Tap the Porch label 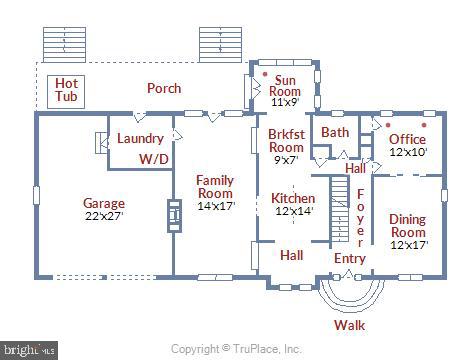[164, 88]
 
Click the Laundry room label [140, 139]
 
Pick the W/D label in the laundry [153, 158]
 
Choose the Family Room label [214, 187]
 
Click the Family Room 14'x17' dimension [214, 206]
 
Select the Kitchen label [293, 199]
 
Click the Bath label [335, 132]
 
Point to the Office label [407, 139]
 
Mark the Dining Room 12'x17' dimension [407, 245]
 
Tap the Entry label [349, 258]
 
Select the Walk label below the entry [349, 324]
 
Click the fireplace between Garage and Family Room [172, 215]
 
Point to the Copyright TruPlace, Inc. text [236, 349]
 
